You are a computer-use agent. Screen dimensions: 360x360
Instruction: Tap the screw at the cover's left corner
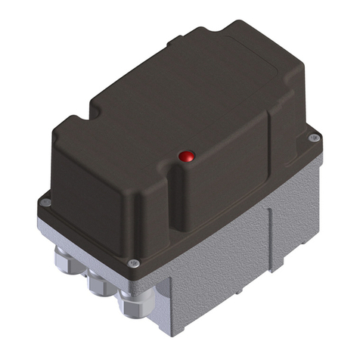(45, 202)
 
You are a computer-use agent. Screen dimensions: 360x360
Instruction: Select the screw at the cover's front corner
(134, 263)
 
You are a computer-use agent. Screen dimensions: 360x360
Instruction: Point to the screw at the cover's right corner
(314, 138)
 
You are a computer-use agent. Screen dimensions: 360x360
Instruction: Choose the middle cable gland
(99, 284)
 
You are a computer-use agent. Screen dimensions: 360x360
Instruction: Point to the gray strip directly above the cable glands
(91, 246)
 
